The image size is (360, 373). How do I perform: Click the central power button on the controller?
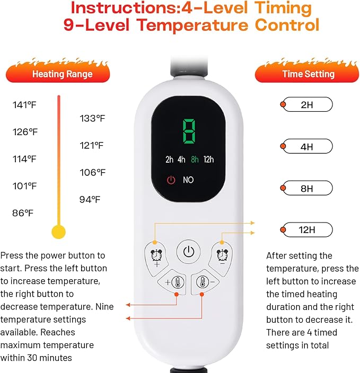(189, 252)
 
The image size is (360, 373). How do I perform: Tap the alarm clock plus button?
(156, 258)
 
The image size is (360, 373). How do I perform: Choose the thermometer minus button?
(204, 282)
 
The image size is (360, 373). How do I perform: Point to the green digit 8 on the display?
(189, 131)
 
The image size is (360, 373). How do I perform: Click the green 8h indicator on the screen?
(195, 159)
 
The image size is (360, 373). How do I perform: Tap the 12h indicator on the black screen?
(208, 159)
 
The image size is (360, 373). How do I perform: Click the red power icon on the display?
(171, 180)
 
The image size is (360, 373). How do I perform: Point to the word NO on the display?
(188, 180)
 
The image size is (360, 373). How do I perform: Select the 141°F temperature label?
(24, 105)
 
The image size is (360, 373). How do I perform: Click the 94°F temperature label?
(90, 199)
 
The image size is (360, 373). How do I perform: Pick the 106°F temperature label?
(92, 173)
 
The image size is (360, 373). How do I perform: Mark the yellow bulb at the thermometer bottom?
(58, 232)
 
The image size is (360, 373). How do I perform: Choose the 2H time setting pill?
(306, 104)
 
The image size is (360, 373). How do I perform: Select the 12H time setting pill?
(306, 229)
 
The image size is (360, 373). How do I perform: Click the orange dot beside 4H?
(283, 146)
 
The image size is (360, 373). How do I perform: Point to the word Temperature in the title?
(192, 25)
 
